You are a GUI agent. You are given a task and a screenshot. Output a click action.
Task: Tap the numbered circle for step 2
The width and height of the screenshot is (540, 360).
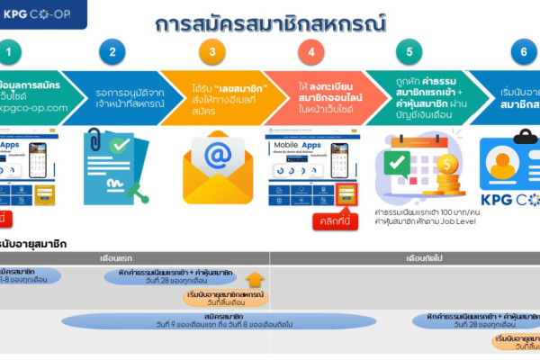tap(112, 51)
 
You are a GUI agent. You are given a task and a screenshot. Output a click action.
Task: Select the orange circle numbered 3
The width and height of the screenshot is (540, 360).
tap(212, 51)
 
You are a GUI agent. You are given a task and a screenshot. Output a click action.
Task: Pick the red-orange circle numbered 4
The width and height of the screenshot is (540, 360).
tap(311, 51)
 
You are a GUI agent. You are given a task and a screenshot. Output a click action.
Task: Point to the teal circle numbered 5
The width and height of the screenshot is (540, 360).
tap(410, 51)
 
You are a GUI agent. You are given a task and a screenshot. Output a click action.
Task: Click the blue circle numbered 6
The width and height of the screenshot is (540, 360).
tap(523, 51)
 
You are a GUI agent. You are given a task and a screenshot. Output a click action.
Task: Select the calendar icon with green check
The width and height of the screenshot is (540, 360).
tap(407, 165)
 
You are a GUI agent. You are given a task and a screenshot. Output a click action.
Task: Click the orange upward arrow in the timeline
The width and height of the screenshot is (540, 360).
tap(256, 279)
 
